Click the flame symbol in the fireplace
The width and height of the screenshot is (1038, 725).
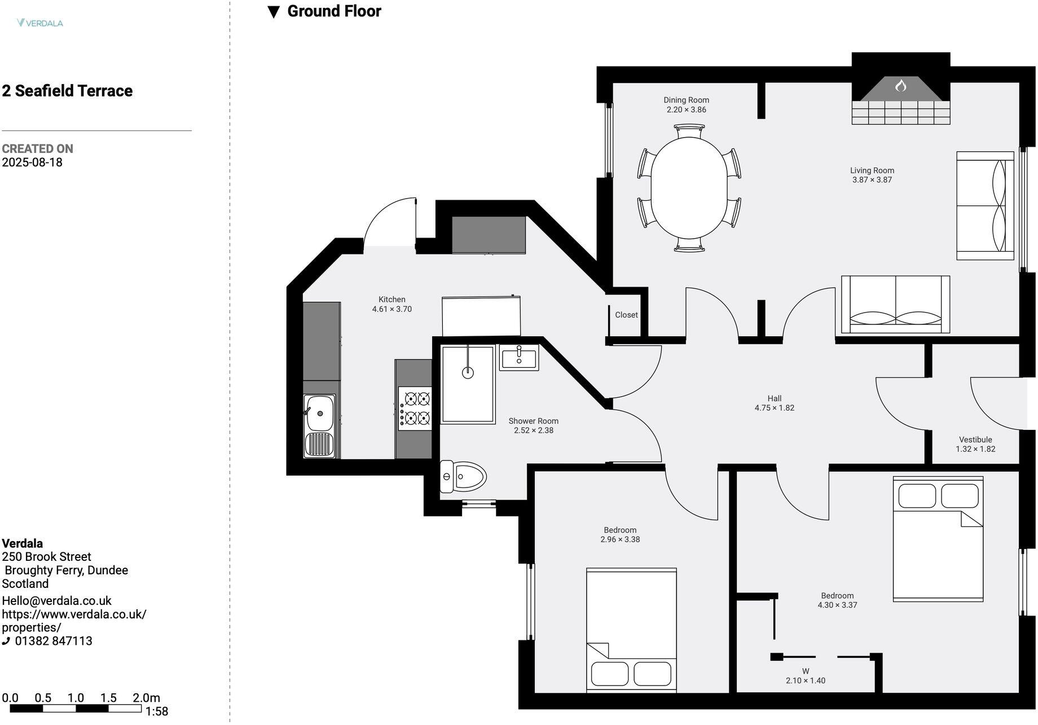coord(900,86)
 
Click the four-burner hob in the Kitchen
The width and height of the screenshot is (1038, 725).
coord(415,408)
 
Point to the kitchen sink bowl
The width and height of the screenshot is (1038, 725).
coord(319,413)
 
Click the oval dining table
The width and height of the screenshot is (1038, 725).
coord(689,188)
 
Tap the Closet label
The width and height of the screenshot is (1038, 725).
coord(626,315)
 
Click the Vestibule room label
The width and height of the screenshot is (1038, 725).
coord(975,440)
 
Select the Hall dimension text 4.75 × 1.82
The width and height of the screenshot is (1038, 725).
coord(774,407)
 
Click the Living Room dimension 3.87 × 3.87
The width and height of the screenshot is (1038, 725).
coord(872,180)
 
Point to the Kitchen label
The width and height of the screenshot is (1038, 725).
coord(392,300)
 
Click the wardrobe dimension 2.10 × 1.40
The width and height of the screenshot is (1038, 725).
coord(805,680)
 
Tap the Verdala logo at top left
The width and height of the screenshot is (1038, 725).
coord(40,23)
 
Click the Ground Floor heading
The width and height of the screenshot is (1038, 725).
coord(334,11)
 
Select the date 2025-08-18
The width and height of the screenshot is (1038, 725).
coord(32,162)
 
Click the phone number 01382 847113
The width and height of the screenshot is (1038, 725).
coord(53,641)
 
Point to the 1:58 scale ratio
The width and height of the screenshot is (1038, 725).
coord(157,711)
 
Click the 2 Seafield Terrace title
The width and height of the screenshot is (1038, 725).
coord(67,91)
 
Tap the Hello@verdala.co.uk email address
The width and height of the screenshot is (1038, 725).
coord(56,601)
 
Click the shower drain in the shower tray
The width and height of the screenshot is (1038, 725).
coord(467,372)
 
